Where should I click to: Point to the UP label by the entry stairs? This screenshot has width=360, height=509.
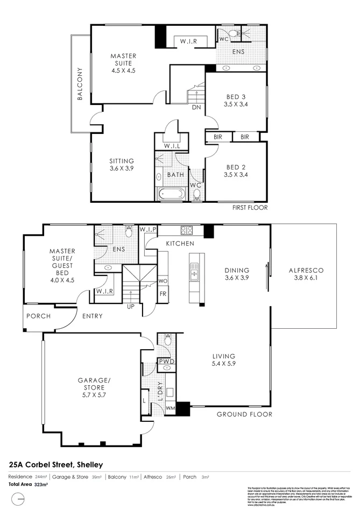[130, 307]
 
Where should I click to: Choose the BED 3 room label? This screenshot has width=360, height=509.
[237, 101]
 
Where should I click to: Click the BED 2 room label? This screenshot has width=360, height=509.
[237, 171]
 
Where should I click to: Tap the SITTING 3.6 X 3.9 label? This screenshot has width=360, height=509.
[122, 165]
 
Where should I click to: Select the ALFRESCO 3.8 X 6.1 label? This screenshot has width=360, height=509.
[304, 274]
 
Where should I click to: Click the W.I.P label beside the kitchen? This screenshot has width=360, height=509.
[148, 230]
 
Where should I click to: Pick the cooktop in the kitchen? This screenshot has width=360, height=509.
[186, 230]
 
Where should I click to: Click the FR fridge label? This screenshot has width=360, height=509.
[163, 294]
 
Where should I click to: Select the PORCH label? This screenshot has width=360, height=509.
[38, 316]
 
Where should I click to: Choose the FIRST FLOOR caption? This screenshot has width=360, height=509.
[250, 207]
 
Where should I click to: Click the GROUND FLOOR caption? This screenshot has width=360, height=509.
[244, 414]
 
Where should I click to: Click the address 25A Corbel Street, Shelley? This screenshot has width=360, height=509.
[56, 464]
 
